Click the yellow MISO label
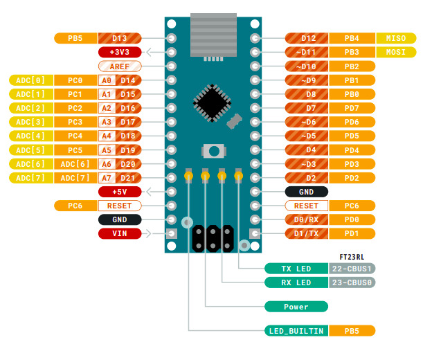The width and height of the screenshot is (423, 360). coord(396,38)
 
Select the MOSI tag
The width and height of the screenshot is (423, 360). coord(396,52)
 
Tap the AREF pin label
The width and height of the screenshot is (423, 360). coord(119,66)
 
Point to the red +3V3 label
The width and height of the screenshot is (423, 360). coord(119,52)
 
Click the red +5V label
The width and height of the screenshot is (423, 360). coord(119,192)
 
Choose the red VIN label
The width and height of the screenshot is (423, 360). coord(119,233)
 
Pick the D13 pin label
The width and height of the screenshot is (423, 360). coord(119,38)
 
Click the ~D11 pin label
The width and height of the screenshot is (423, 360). coord(305,52)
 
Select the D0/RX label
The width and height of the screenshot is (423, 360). coord(305,219)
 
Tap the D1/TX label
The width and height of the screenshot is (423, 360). coord(305,233)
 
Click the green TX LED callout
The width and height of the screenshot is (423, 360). coord(296,269)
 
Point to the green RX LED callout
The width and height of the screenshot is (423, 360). coord(296,282)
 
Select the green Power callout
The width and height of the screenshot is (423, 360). coord(296,306)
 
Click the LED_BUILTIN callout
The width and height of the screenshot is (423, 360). coord(296,331)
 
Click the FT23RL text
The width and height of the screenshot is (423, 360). coord(352,255)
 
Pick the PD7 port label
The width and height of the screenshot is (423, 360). coord(352,108)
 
